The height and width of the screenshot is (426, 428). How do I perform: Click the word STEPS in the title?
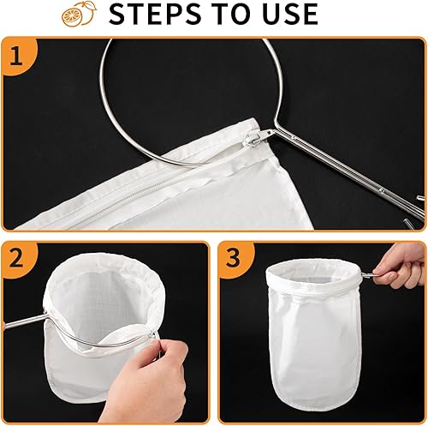155,14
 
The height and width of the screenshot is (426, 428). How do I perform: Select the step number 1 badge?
18,56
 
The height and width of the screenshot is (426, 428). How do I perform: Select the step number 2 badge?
18,261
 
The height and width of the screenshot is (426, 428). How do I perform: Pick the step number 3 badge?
235,260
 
